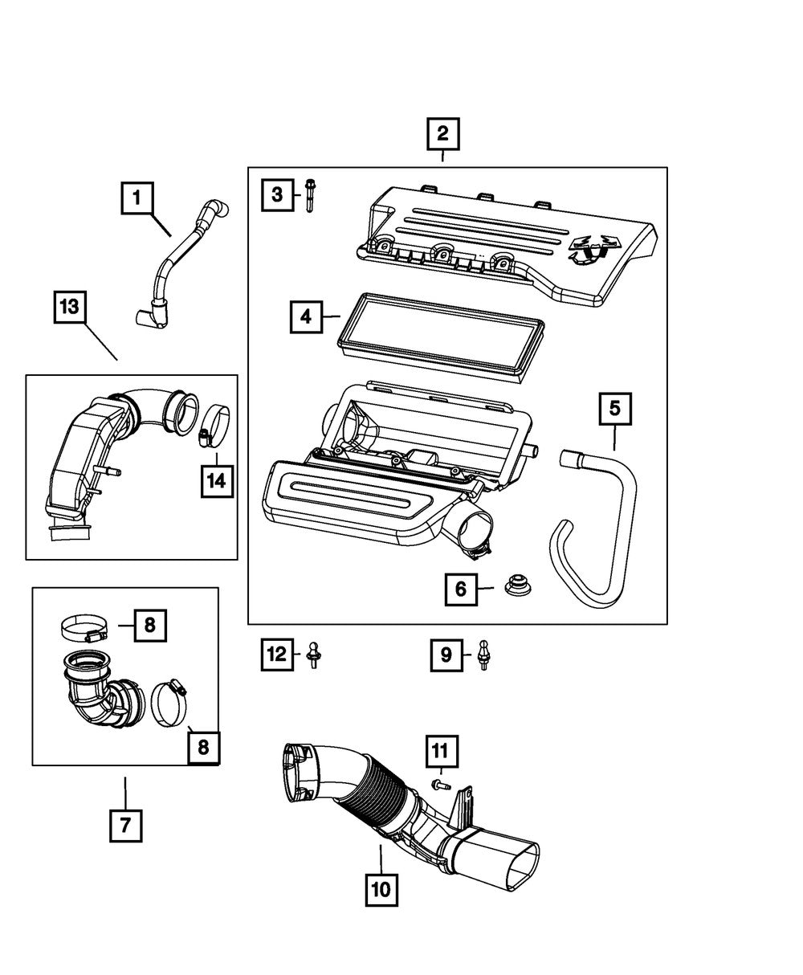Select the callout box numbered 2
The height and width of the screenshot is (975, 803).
pos(442,135)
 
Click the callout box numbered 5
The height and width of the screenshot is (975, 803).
pos(614,409)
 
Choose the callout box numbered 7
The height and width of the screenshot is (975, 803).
pos(125,825)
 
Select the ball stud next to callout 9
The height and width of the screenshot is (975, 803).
pos(483,655)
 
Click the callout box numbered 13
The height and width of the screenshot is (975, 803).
pos(71,308)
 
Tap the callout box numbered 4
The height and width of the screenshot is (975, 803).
pos(306,316)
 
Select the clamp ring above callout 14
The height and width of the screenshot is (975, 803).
pos(214,424)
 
